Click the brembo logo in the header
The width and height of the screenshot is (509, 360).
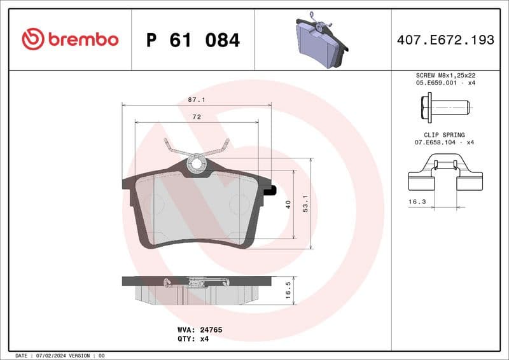70,39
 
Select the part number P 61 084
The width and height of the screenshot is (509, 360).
193,40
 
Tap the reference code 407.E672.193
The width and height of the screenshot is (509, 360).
445,40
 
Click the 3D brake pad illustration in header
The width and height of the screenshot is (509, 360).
321,41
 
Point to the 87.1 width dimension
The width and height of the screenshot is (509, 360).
196,100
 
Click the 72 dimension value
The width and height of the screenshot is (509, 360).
197,117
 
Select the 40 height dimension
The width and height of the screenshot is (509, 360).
288,204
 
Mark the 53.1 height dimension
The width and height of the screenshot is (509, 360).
306,204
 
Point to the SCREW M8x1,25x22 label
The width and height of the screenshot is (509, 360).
445,75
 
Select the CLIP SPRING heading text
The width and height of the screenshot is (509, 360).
444,135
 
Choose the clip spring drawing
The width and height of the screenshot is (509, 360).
445,176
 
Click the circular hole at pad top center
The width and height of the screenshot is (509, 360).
197,163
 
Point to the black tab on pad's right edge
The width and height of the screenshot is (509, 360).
270,190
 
